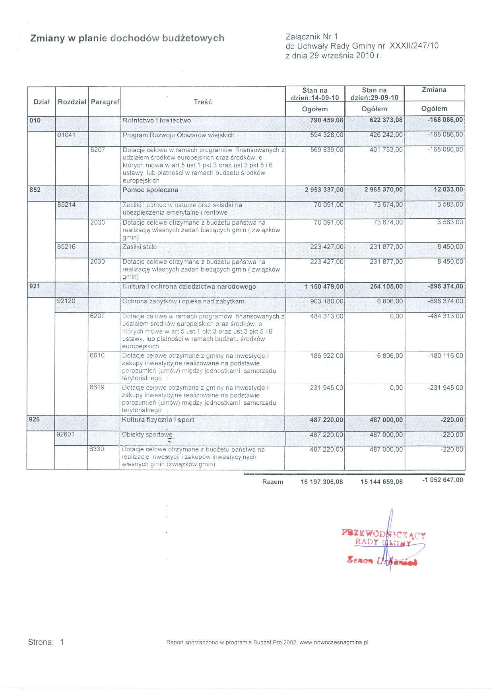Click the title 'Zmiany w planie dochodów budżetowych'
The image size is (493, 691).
point(127,38)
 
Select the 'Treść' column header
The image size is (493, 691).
point(203,102)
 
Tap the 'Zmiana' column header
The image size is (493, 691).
point(434,90)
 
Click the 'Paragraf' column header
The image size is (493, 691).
point(105,102)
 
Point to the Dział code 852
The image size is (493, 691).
point(35,190)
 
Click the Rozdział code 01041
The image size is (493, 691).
point(66,135)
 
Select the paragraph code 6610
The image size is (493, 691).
point(97,355)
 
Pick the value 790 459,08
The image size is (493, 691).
point(324,120)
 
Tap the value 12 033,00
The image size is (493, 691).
point(448,189)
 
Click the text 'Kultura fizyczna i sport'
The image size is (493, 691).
point(158,419)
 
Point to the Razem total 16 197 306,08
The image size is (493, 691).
point(322,482)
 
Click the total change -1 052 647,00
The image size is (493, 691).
point(443,480)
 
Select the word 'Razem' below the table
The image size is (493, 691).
point(273,482)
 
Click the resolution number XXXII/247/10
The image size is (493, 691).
point(414,46)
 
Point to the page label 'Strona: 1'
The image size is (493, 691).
point(46,642)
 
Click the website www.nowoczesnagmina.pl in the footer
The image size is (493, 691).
point(334,642)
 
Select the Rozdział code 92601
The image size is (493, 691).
point(65,434)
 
